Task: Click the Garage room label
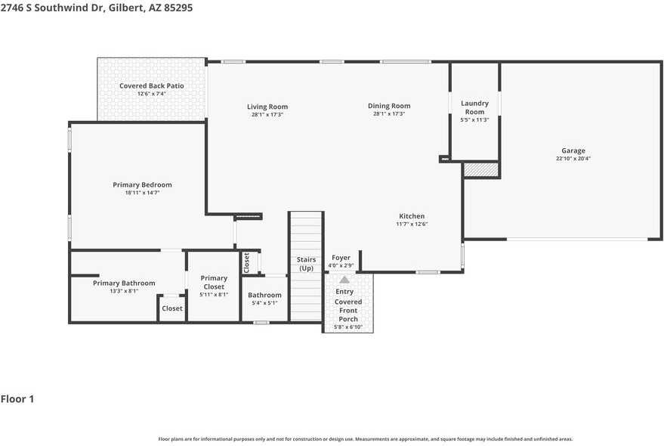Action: tap(573, 150)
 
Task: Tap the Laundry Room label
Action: tap(474, 107)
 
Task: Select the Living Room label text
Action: tap(267, 107)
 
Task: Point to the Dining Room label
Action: tap(389, 106)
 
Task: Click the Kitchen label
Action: tap(412, 216)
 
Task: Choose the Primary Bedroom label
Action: tap(142, 184)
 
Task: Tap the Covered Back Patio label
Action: tap(151, 85)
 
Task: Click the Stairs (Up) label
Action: tap(306, 264)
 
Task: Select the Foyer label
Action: tap(341, 258)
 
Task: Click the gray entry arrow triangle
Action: tap(344, 279)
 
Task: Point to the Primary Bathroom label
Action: tap(124, 283)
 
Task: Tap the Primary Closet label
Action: tap(214, 282)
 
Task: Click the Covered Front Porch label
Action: tap(348, 310)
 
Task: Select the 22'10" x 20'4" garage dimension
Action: tap(573, 159)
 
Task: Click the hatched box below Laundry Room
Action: tap(480, 170)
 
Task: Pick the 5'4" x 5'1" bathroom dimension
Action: tap(264, 303)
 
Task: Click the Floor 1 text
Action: tap(17, 398)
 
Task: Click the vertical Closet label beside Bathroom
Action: tap(246, 262)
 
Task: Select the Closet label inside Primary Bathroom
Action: tap(172, 308)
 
